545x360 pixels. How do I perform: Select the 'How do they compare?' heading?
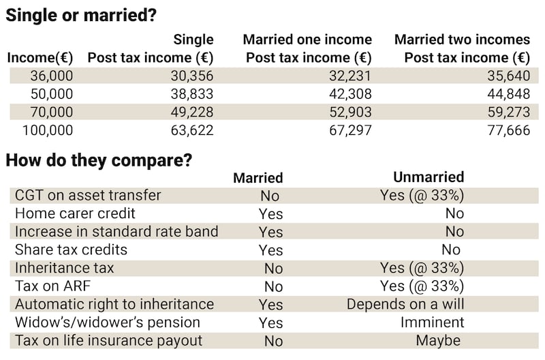(x=99, y=161)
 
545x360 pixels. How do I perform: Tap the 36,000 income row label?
(x=51, y=76)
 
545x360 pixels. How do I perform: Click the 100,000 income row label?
(x=48, y=130)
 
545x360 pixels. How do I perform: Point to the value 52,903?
(x=350, y=112)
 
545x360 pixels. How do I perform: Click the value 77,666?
(x=507, y=130)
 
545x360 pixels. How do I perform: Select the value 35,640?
(x=507, y=76)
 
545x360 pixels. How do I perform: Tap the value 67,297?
(x=350, y=130)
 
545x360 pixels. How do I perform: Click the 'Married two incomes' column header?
(x=462, y=40)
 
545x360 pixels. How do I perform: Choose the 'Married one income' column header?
(x=307, y=40)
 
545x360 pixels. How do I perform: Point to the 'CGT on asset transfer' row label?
(x=88, y=195)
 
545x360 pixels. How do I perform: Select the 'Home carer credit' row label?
(x=75, y=213)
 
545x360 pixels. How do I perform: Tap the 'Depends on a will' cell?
(x=405, y=304)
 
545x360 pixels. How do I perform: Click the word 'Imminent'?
(x=432, y=322)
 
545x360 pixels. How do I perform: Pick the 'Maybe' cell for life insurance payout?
(x=438, y=340)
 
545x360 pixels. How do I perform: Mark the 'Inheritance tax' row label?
(x=65, y=268)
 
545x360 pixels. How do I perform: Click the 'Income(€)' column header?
(x=40, y=58)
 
